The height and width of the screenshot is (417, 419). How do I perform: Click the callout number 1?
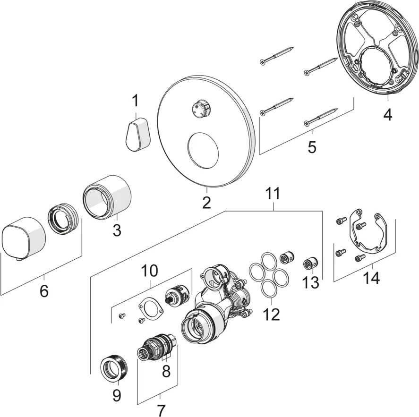pyautogui.click(x=136, y=101)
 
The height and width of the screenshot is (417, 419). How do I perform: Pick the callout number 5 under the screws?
pyautogui.click(x=312, y=147)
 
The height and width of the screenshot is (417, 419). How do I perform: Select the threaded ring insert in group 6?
pyautogui.click(x=61, y=220)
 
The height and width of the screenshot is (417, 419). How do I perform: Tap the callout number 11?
pyautogui.click(x=273, y=193)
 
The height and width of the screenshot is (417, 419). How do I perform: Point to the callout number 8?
pyautogui.click(x=166, y=371)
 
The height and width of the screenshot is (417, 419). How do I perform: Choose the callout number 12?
pyautogui.click(x=272, y=314)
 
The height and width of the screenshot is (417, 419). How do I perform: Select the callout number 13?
pyautogui.click(x=311, y=282)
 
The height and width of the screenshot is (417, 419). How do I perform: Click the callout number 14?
pyautogui.click(x=371, y=278)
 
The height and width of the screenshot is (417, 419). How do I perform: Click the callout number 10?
pyautogui.click(x=150, y=271)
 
